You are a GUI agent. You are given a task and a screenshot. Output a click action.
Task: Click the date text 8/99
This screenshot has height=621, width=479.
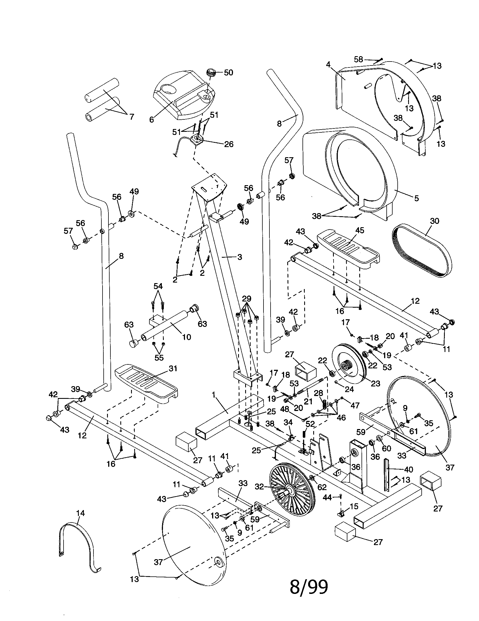coord(309,587)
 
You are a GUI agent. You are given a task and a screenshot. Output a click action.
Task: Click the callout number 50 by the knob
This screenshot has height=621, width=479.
coord(228,73)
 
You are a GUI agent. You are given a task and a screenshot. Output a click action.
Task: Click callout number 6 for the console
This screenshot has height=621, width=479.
coord(152,120)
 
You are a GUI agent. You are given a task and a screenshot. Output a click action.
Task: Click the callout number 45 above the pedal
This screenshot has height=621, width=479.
coord(360,230)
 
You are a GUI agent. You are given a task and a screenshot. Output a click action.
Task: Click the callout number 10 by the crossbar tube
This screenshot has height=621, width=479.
coord(187,337)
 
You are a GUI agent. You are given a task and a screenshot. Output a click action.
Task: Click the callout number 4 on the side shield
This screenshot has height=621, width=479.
coord(328,65)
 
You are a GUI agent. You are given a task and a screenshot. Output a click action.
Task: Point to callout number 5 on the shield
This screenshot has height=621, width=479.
coord(416,198)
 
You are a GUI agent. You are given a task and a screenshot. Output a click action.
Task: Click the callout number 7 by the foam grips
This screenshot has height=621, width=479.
coord(131,117)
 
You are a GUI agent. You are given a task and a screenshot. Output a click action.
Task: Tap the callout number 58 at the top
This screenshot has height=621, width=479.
coord(358,60)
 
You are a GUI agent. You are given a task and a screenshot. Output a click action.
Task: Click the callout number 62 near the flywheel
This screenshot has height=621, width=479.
coord(322,487)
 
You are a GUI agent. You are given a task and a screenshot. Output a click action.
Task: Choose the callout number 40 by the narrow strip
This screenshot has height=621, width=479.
coord(408,469)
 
